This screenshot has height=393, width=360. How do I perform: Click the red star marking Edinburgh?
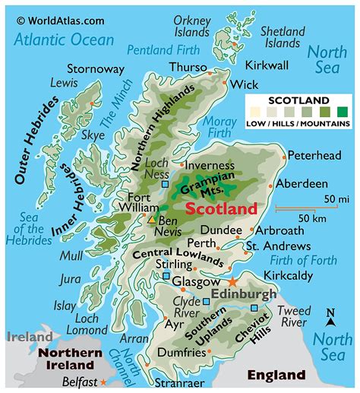point(232,283)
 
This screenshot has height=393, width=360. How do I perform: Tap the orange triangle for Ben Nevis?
point(151,219)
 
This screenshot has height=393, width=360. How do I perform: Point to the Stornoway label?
point(96,68)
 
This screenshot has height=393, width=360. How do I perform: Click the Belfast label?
point(80,382)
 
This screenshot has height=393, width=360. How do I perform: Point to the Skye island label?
point(93,135)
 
